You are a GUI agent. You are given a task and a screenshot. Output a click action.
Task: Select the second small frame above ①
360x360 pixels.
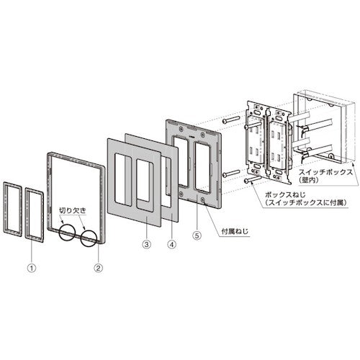point(32,212)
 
